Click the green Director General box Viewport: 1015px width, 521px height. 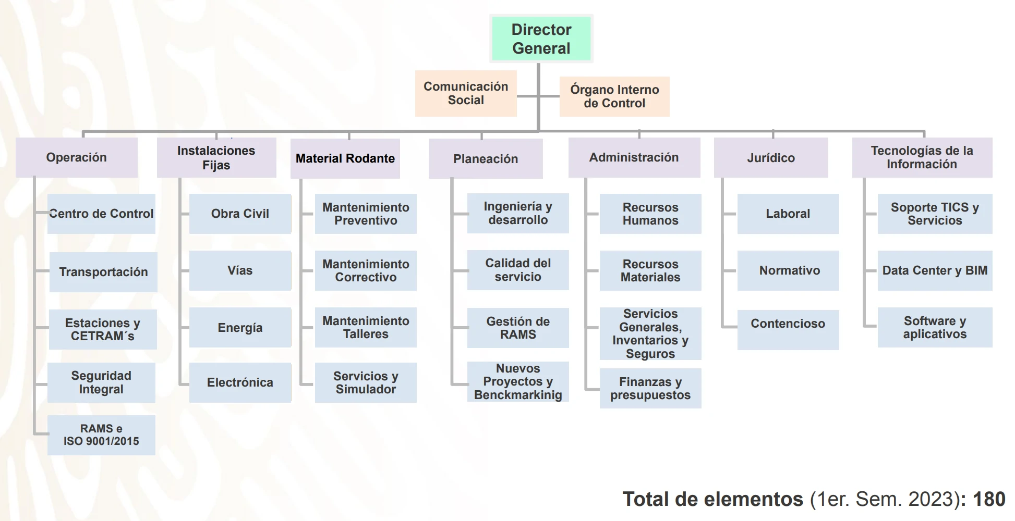point(541,39)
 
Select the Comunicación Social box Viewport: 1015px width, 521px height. point(466,93)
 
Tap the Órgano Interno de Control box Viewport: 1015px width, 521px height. point(614,96)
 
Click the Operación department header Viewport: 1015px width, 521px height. point(77,157)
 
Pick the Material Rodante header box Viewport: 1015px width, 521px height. point(345,158)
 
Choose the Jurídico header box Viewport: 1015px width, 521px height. point(770,158)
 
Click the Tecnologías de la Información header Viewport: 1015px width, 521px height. point(922,157)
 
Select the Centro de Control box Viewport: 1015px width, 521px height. point(101,214)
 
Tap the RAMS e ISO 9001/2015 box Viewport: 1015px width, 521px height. point(101,435)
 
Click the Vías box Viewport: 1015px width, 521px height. point(240,270)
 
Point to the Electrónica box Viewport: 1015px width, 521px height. point(240,382)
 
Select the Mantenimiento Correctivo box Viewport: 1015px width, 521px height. point(366,270)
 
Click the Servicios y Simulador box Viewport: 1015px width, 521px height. point(366,382)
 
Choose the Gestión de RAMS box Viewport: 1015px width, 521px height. point(518,328)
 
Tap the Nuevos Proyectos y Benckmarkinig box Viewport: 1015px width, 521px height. point(518,381)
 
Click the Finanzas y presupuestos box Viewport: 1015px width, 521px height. point(650,388)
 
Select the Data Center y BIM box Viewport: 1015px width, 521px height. point(935,270)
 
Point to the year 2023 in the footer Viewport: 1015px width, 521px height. point(931,499)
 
